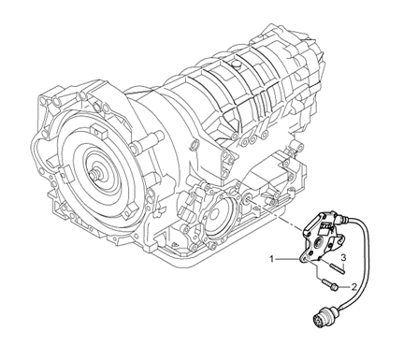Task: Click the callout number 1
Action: [272, 257]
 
